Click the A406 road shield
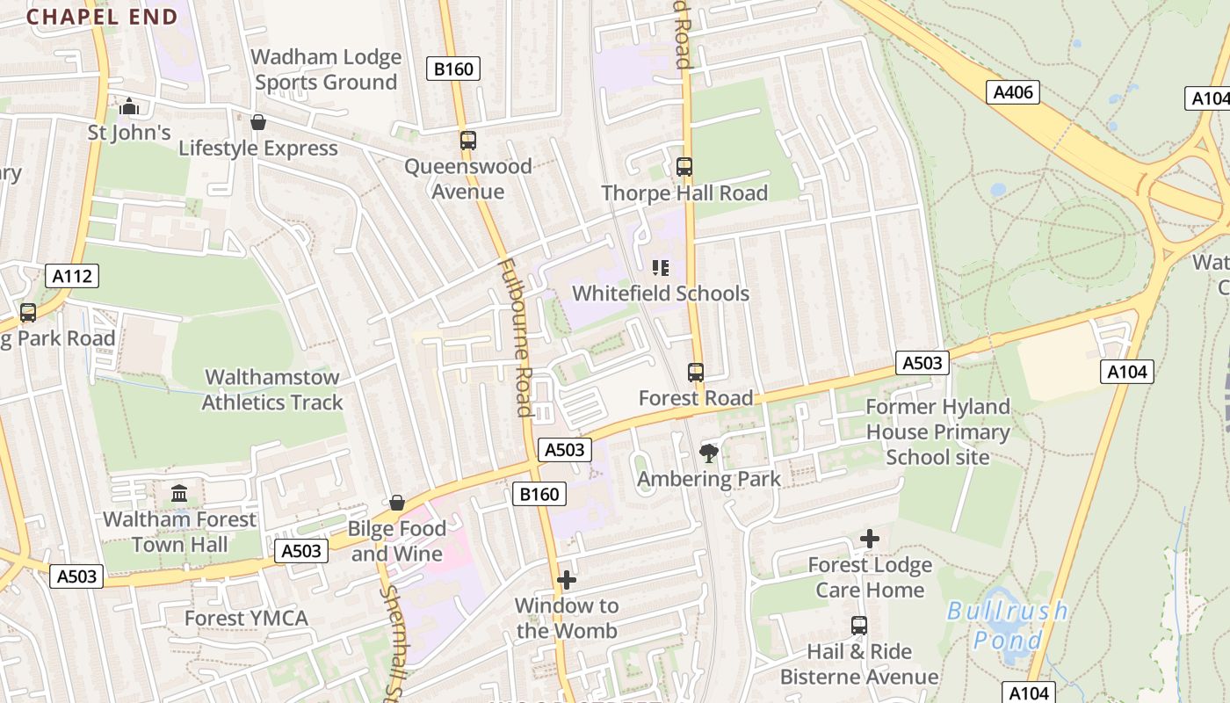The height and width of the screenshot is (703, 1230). [1012, 92]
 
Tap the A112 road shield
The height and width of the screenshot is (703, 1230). [72, 277]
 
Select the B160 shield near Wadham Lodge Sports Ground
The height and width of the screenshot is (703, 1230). [453, 69]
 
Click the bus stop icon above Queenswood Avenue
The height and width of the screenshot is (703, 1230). [468, 141]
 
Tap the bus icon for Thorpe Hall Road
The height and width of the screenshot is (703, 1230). [684, 167]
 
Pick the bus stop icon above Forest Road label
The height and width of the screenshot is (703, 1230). [696, 373]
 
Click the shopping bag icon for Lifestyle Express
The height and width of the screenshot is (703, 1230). [258, 122]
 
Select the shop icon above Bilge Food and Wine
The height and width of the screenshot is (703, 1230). [397, 503]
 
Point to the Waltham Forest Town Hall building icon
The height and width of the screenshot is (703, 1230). [180, 493]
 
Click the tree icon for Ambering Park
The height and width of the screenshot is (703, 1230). [708, 453]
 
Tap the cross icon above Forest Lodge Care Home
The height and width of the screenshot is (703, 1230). [870, 539]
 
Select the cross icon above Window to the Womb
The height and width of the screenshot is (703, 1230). [567, 580]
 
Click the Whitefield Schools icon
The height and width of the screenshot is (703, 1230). [660, 268]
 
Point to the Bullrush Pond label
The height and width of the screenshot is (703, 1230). [1007, 625]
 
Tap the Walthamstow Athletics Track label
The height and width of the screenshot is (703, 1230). [271, 390]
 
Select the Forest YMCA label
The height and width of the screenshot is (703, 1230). [246, 619]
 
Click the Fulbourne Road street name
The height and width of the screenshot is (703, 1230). [515, 336]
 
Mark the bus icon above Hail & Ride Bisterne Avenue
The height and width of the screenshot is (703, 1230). [859, 626]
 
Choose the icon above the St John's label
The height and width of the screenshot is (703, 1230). [129, 106]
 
